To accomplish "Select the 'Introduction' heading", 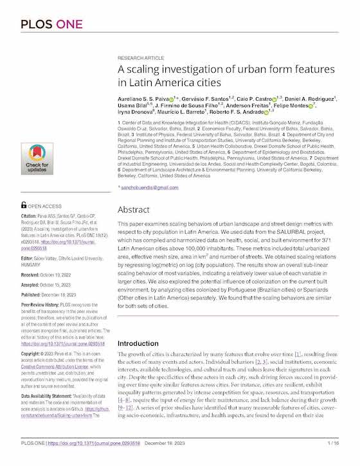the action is [x=138, y=344].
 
